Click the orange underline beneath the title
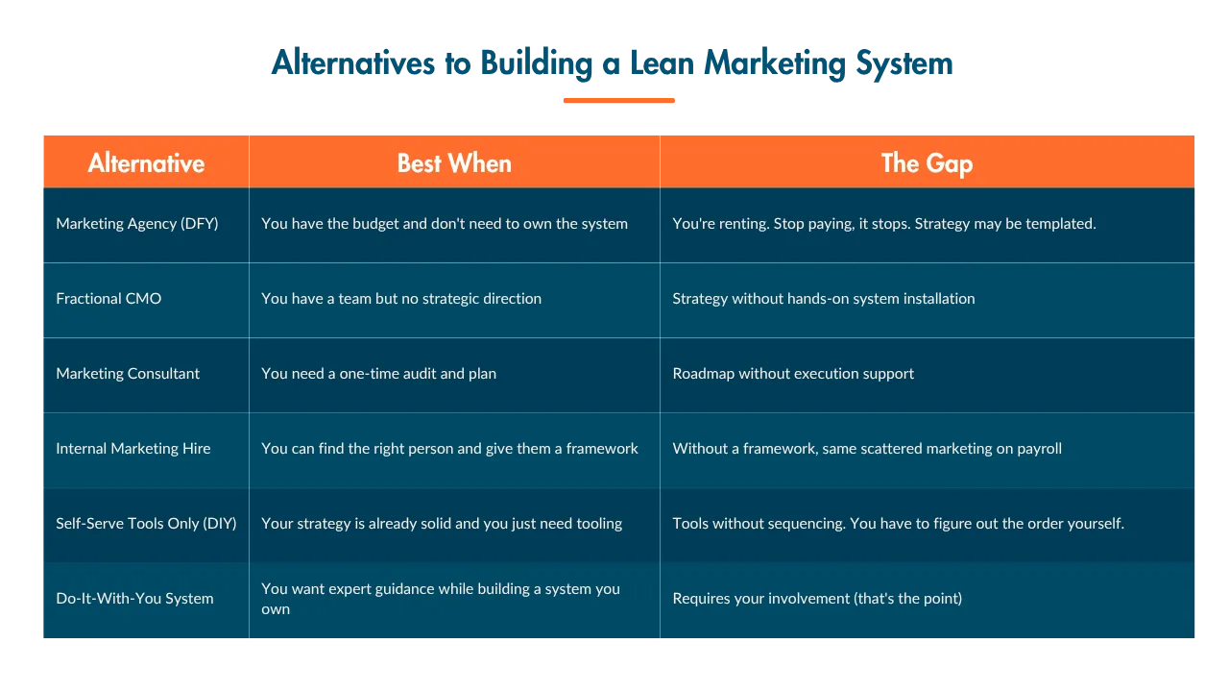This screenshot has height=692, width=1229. (619, 101)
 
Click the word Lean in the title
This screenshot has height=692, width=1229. (663, 62)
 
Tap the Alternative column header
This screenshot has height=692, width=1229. (146, 163)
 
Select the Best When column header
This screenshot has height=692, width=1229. (454, 163)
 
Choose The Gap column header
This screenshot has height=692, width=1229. (928, 164)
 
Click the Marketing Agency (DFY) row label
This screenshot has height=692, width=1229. (137, 224)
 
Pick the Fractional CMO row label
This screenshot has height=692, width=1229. (108, 298)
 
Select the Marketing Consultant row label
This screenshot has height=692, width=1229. (128, 374)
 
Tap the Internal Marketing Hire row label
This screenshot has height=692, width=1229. (133, 449)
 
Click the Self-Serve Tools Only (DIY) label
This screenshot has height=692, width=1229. (147, 524)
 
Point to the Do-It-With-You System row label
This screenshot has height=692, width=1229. (135, 598)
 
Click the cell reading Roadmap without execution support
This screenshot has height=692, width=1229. (793, 374)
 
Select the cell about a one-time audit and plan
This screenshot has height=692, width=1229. (378, 374)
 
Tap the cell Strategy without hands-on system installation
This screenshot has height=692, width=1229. (824, 299)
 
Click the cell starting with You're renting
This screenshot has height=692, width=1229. (884, 224)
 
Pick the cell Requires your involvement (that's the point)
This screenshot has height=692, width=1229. (817, 599)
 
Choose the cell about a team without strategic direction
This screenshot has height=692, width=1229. (401, 299)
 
